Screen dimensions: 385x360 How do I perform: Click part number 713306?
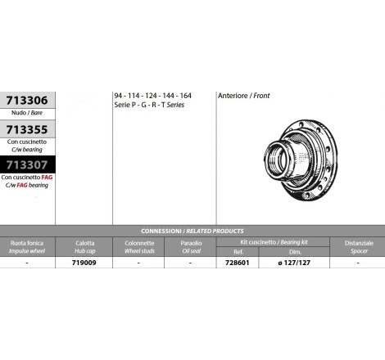[27, 101]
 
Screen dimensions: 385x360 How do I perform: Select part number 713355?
[27, 130]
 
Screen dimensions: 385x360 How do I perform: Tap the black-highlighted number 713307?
[27, 164]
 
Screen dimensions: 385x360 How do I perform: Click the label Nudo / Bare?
[27, 113]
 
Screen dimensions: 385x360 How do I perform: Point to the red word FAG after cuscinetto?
[47, 178]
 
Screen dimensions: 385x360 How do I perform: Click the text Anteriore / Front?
[244, 96]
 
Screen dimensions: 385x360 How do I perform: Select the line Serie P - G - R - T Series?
[149, 105]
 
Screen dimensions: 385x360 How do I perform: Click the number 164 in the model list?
[186, 96]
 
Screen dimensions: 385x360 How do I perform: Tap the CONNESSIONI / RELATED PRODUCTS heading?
[192, 231]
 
